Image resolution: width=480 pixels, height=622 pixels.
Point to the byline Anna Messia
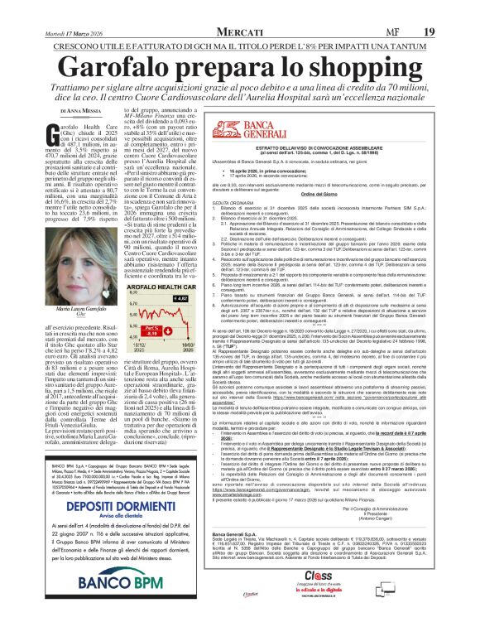[77, 108]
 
